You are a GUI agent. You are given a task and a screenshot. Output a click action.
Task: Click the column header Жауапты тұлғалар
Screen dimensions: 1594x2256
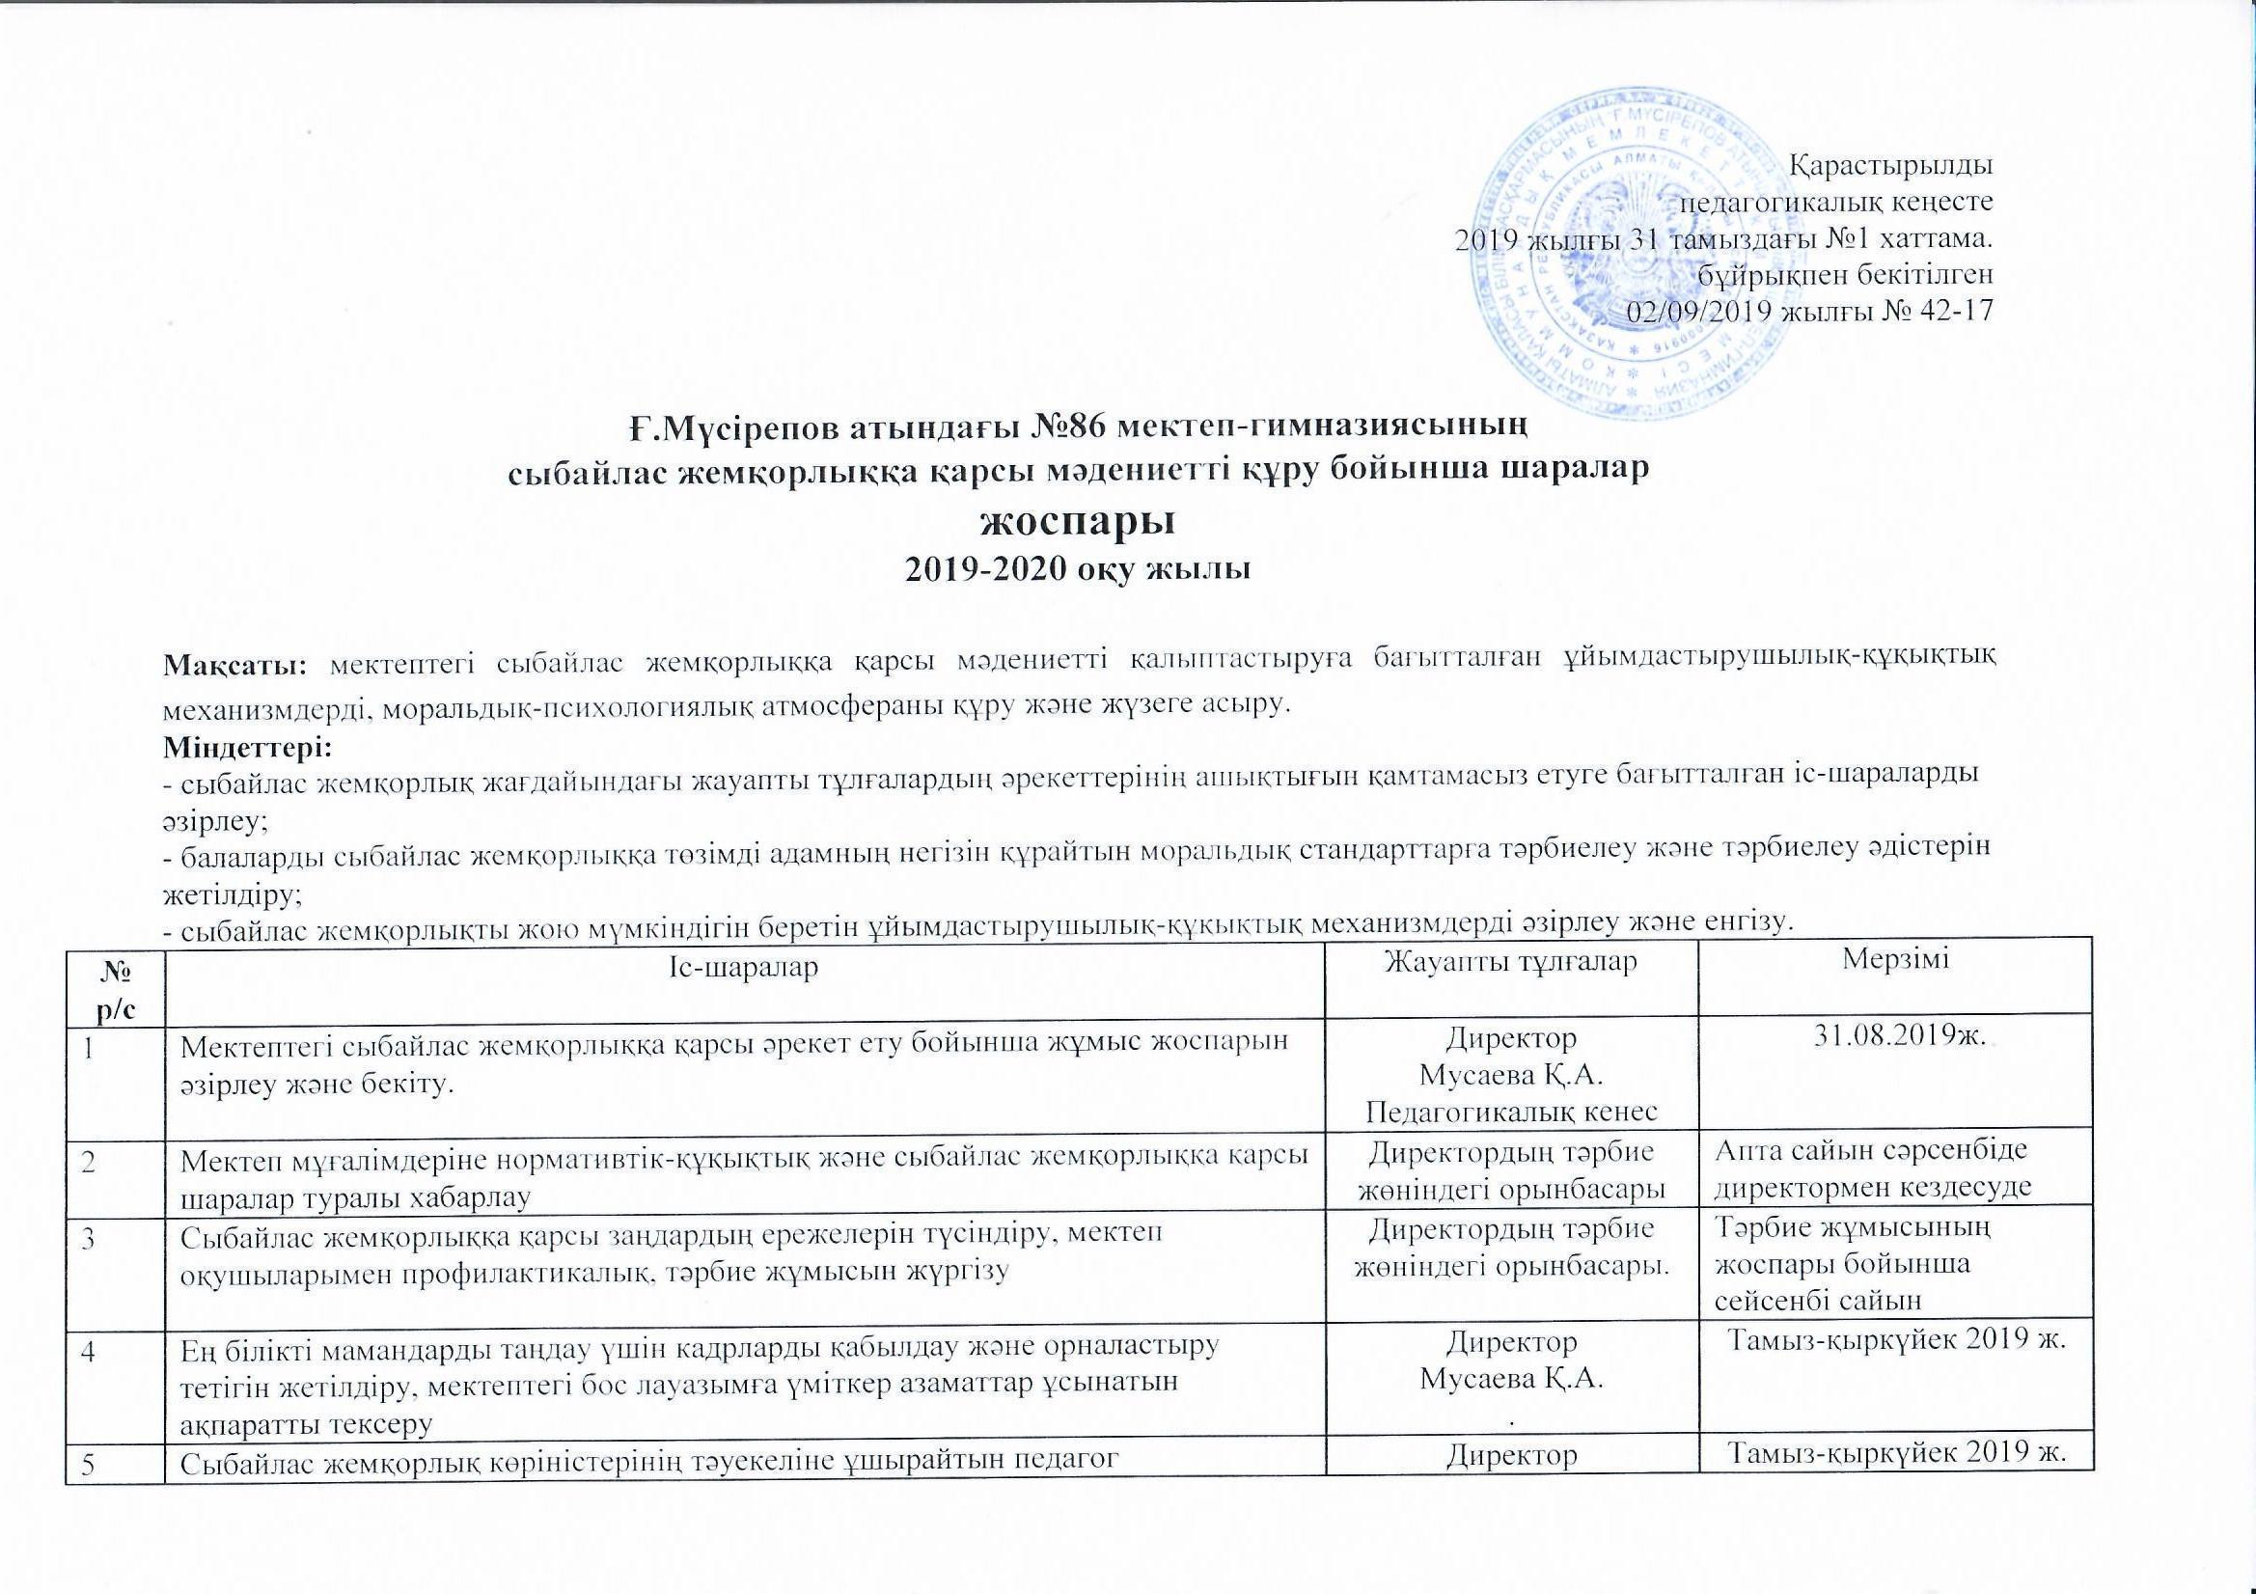point(1510,962)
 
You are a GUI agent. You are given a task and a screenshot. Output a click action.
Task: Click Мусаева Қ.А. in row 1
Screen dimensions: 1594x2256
point(1511,1074)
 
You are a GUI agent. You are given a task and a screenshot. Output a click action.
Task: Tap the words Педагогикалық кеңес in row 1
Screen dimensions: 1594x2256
point(1511,1111)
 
